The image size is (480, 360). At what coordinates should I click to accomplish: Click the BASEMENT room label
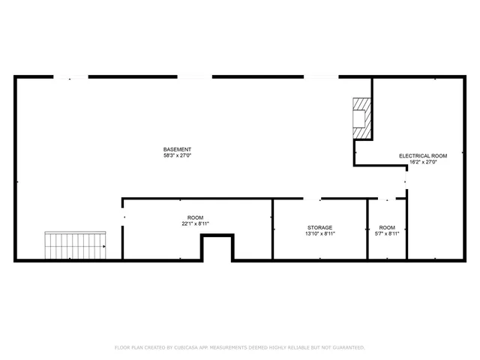point(178,149)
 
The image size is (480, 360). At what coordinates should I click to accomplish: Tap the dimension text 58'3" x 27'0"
point(178,156)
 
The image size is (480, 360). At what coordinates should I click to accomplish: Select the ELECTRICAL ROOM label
point(422,155)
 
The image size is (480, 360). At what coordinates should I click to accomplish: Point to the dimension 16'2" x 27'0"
point(422,162)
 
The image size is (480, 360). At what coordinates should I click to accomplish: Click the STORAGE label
point(319,227)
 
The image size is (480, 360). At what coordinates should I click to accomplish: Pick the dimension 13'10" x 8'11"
point(319,234)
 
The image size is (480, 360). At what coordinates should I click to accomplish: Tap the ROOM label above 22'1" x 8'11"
point(195,217)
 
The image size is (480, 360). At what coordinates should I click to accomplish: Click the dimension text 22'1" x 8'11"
point(195,223)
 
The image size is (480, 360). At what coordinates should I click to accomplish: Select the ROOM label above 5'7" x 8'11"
point(387,227)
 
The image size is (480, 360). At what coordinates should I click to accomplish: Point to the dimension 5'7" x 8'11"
point(387,234)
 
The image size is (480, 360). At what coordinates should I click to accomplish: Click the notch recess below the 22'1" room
point(217,248)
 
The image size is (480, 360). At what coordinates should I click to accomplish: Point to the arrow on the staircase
point(102,246)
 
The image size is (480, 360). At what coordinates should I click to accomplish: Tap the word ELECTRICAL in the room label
point(412,155)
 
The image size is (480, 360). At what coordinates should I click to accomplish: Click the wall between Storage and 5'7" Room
point(367,229)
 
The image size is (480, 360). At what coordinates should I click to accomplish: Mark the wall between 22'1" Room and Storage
point(272,229)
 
